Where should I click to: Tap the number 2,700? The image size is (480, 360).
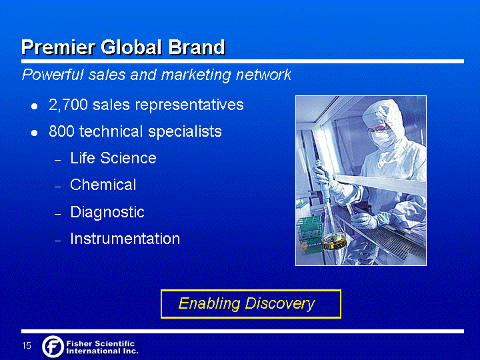pyautogui.click(x=68, y=105)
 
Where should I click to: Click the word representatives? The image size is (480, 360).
pyautogui.click(x=189, y=105)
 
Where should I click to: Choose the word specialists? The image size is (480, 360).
pyautogui.click(x=185, y=132)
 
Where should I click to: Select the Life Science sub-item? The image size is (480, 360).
pyautogui.click(x=113, y=158)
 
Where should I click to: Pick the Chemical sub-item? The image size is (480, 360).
pyautogui.click(x=103, y=185)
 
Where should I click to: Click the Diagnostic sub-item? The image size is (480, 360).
pyautogui.click(x=107, y=212)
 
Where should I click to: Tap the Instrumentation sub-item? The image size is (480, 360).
pyautogui.click(x=125, y=239)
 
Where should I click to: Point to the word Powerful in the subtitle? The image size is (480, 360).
pyautogui.click(x=53, y=75)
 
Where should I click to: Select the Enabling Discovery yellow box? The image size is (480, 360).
pyautogui.click(x=251, y=304)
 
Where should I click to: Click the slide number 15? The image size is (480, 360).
pyautogui.click(x=27, y=345)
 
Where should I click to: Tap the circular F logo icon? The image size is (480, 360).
pyautogui.click(x=53, y=347)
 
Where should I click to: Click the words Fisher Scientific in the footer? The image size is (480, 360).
pyautogui.click(x=101, y=343)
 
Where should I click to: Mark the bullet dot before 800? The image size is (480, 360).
pyautogui.click(x=35, y=133)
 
